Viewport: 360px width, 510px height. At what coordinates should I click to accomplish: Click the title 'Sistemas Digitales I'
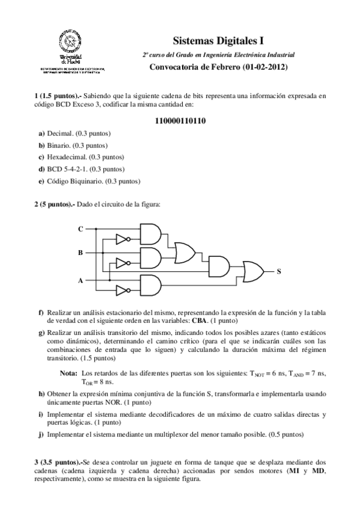[218, 41]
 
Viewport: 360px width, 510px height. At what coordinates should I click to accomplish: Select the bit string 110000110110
[180, 120]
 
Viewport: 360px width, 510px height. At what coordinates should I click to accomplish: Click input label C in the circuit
[81, 229]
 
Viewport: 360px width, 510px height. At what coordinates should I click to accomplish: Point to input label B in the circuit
[81, 253]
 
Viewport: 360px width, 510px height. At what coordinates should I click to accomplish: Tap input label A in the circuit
[81, 280]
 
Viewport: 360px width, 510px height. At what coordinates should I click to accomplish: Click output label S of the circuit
[279, 271]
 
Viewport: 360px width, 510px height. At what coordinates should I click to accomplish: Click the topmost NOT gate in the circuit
[123, 239]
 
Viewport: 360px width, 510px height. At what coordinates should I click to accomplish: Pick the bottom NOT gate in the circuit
[123, 291]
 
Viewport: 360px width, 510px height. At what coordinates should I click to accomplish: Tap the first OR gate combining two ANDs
[182, 246]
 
